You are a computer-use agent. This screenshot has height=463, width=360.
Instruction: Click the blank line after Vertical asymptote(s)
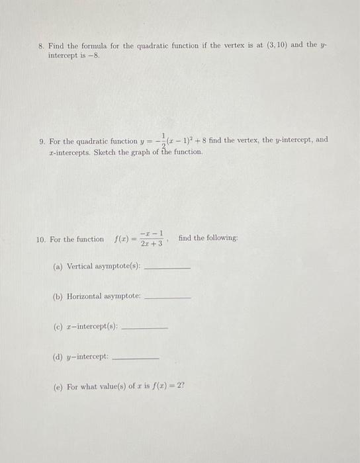(x=167, y=268)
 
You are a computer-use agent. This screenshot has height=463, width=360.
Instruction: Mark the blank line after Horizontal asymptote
(x=167, y=298)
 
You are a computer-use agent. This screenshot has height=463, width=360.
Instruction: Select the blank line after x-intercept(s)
(x=146, y=327)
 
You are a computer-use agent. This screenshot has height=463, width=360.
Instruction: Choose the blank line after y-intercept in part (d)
(x=137, y=357)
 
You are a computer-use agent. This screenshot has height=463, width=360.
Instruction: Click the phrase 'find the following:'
(x=208, y=238)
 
